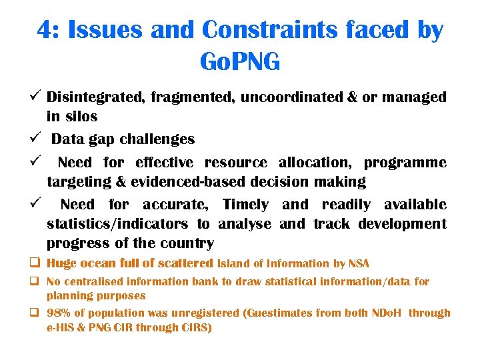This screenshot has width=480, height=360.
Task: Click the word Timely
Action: point(245,205)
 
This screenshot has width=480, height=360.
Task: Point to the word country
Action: point(189,243)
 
